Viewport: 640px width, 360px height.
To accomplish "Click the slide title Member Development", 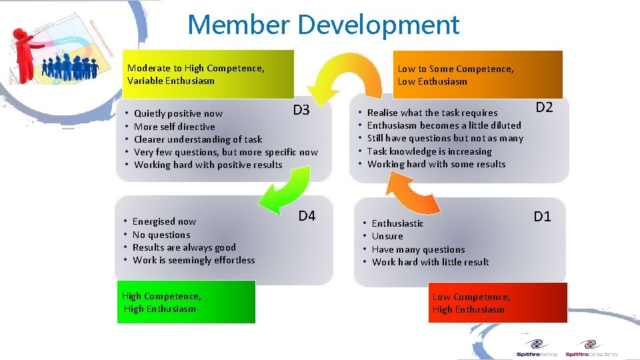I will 323,25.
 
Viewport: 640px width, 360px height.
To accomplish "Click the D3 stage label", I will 301,110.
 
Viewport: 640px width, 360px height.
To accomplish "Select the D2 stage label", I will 545,107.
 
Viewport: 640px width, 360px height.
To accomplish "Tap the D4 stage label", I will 307,216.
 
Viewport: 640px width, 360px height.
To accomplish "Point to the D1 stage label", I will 542,216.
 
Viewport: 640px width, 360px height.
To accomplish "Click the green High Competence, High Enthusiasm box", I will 186,302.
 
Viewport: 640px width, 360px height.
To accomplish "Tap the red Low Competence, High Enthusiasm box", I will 497,303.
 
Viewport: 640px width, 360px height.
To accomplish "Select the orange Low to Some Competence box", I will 477,75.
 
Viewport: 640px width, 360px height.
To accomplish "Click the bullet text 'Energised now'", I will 164,221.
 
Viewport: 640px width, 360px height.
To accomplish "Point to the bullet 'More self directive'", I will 175,127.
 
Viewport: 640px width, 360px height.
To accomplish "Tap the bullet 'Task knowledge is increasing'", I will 429,151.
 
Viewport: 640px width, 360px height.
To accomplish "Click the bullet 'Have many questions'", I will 418,249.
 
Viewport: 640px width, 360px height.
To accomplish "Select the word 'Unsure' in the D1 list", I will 387,236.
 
